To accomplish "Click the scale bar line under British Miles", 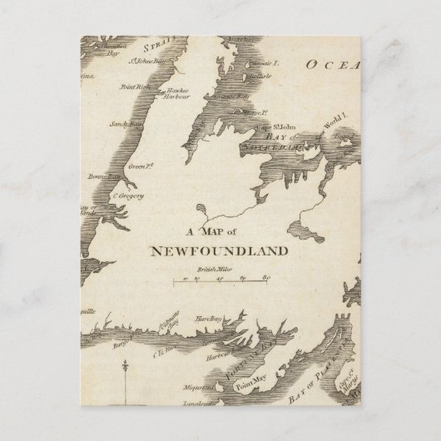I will pos(221,284).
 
